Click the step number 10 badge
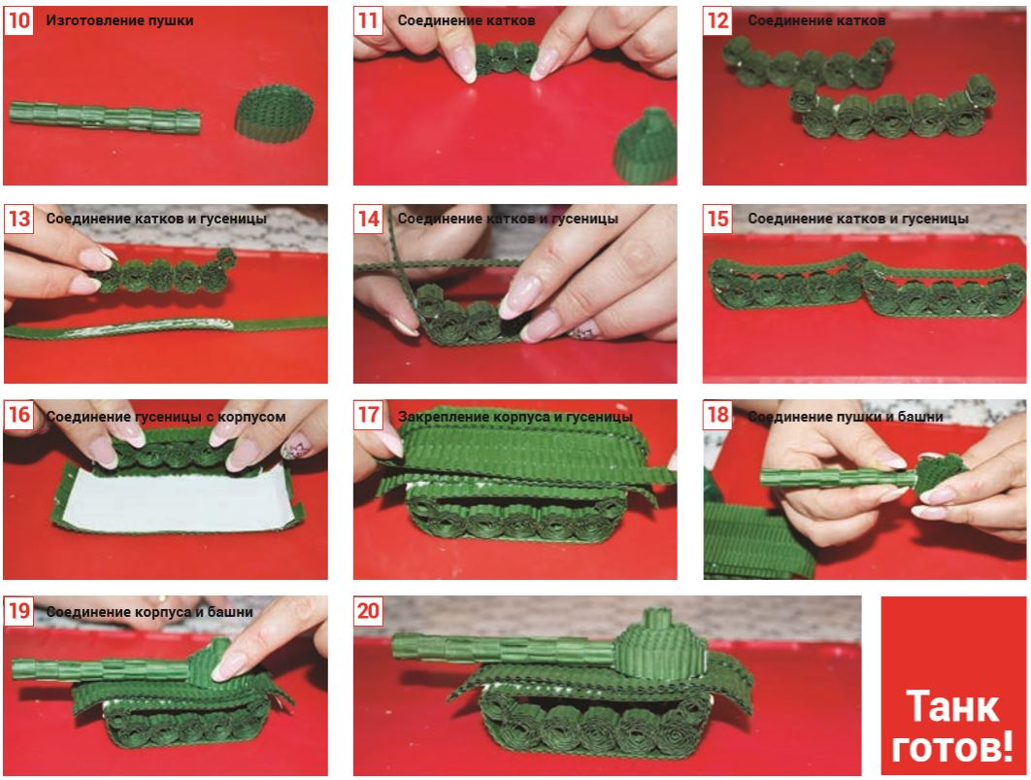[x=18, y=20]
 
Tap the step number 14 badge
[x=368, y=219]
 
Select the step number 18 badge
[x=717, y=415]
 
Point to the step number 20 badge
[x=368, y=611]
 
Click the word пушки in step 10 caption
[x=172, y=20]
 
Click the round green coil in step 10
[x=274, y=113]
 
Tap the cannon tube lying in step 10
[x=105, y=118]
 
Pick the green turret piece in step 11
[x=646, y=147]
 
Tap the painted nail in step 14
[x=584, y=330]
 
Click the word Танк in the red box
[x=952, y=706]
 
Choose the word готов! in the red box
[x=952, y=748]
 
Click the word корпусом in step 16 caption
[x=251, y=417]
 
